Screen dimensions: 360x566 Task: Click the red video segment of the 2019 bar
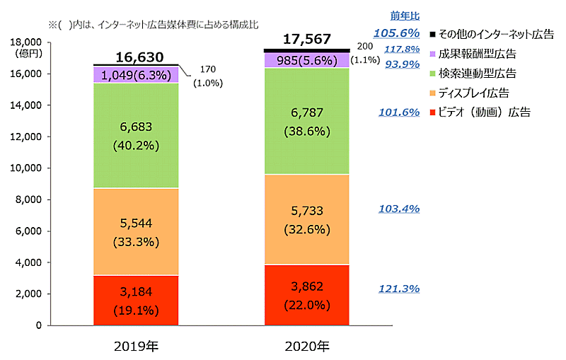pyautogui.click(x=135, y=300)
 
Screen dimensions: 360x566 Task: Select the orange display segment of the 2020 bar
pyautogui.click(x=306, y=219)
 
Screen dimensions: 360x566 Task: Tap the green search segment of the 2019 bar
pyautogui.click(x=135, y=135)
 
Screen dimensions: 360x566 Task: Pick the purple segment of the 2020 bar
pyautogui.click(x=306, y=60)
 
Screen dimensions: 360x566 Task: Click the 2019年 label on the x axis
pyautogui.click(x=135, y=346)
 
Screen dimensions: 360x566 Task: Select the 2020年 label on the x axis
pyautogui.click(x=306, y=346)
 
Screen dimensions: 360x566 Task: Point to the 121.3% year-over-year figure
pyautogui.click(x=400, y=289)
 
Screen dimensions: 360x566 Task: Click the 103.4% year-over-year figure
pyautogui.click(x=400, y=209)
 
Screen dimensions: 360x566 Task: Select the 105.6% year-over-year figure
pyautogui.click(x=397, y=33)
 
